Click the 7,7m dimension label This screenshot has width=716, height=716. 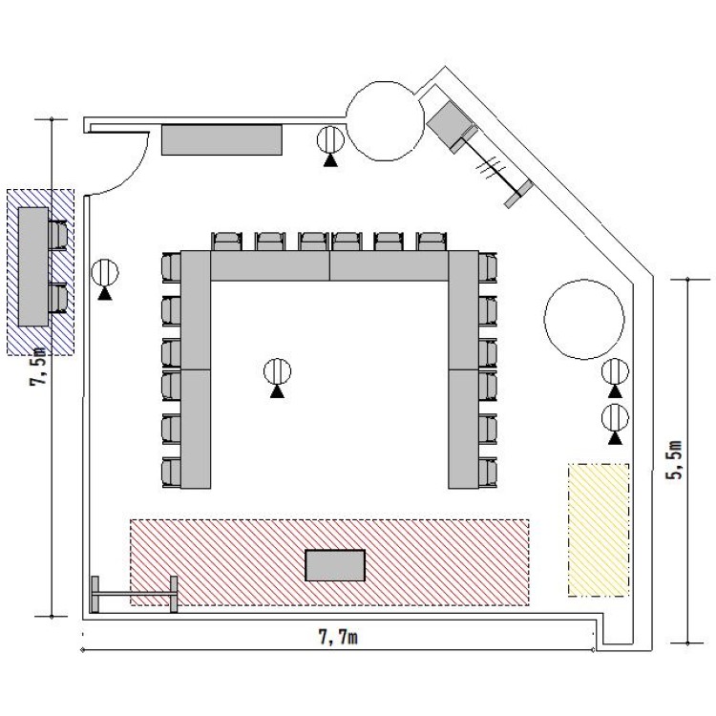(x=338, y=637)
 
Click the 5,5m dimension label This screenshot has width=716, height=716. (x=674, y=459)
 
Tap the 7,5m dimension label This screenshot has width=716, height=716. (x=38, y=367)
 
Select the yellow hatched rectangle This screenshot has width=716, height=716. (x=599, y=530)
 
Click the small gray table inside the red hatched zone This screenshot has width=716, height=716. (x=335, y=565)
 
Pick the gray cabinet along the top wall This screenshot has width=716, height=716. (x=221, y=139)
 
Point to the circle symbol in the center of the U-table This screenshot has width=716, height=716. (x=277, y=371)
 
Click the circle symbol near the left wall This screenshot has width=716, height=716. (x=105, y=273)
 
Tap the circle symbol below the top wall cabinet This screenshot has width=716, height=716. (x=330, y=139)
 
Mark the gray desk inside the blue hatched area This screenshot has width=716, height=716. (x=33, y=266)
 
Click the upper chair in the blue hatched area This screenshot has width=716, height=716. (x=58, y=235)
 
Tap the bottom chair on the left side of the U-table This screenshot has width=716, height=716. (x=172, y=473)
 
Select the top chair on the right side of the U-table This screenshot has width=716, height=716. (x=488, y=267)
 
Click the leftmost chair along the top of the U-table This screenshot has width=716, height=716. (x=226, y=242)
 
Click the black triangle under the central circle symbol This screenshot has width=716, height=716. (x=277, y=391)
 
